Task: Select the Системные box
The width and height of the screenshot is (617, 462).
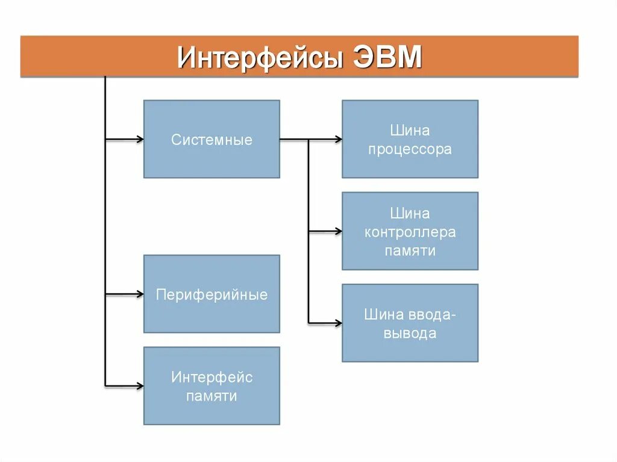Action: (x=211, y=139)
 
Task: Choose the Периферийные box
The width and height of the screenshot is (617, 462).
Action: (x=211, y=294)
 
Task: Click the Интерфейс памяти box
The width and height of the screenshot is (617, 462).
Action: (x=211, y=386)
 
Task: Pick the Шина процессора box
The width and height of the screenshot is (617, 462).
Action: (x=410, y=139)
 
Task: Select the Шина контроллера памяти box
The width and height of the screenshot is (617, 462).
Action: (x=410, y=231)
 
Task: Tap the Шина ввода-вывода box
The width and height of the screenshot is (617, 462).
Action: (x=410, y=323)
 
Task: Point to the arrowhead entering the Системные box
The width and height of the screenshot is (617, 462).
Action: (x=140, y=140)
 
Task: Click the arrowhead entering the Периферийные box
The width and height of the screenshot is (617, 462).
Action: (x=140, y=295)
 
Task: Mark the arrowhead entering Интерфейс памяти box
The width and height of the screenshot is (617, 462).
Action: (x=140, y=386)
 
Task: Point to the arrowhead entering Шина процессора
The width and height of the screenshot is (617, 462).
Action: (x=339, y=140)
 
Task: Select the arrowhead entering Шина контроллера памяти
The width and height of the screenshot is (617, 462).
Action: (x=339, y=231)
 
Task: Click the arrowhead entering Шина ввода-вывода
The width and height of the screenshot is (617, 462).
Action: (x=339, y=323)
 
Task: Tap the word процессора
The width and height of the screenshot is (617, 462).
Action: (x=410, y=150)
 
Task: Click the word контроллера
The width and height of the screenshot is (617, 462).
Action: (x=410, y=232)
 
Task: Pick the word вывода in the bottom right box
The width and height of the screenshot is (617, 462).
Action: (x=410, y=333)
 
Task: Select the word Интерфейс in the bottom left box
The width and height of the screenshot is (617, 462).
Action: (x=211, y=378)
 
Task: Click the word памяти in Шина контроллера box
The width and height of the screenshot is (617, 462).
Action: (x=410, y=251)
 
